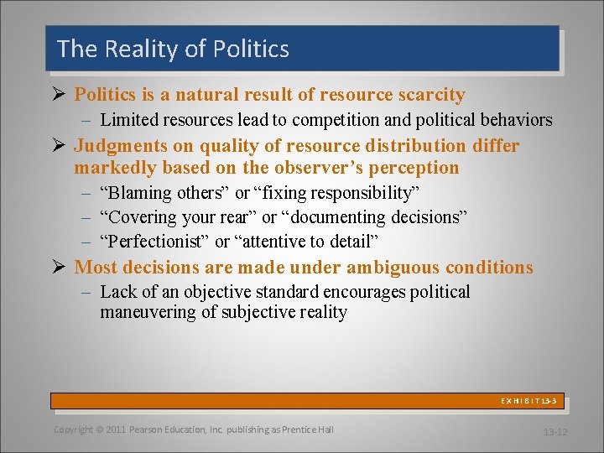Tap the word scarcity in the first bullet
click(x=425, y=95)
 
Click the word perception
click(x=413, y=167)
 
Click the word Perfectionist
click(x=154, y=242)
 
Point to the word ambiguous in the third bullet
click(x=374, y=268)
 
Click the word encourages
click(x=362, y=292)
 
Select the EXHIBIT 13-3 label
click(x=528, y=402)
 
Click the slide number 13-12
click(x=555, y=432)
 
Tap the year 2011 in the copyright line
click(x=116, y=430)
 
